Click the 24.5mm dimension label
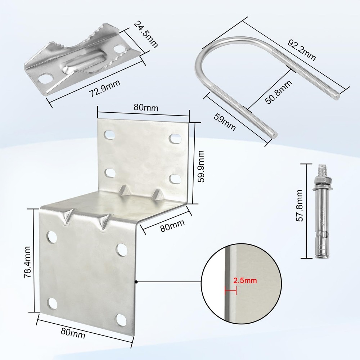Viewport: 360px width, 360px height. (x=145, y=35)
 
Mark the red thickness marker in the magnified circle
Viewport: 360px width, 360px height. (x=230, y=290)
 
